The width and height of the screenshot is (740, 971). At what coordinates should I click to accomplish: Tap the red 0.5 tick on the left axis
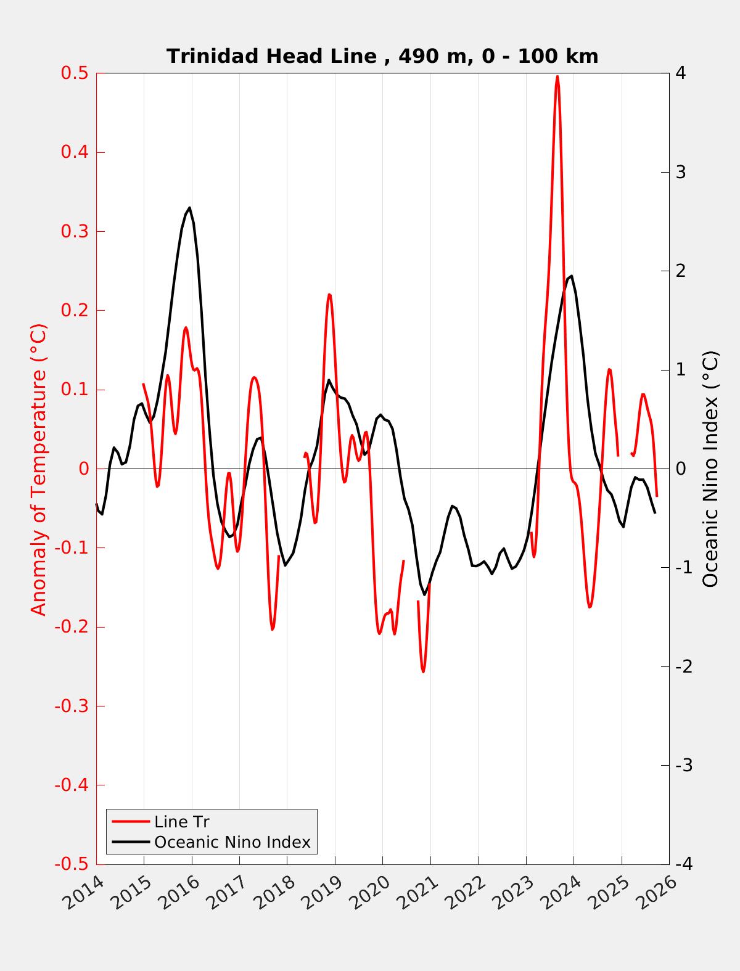point(74,73)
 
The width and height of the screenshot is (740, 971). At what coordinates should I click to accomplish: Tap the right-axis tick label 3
point(681,172)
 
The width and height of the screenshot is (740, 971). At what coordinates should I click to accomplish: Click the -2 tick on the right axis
point(683,666)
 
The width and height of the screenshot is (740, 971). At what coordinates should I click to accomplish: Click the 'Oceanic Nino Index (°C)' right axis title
point(710,469)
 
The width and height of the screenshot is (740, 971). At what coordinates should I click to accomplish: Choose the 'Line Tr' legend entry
point(182,822)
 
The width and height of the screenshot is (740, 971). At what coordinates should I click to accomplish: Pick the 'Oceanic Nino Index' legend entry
point(232,842)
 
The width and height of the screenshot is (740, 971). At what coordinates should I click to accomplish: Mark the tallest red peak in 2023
point(557,76)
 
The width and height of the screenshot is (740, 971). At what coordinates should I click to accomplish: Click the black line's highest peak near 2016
point(189,208)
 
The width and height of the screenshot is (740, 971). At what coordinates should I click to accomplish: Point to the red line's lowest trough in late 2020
point(423,671)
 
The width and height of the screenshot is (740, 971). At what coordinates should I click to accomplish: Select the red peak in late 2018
point(329,295)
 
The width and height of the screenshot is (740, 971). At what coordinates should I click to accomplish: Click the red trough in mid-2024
point(590,607)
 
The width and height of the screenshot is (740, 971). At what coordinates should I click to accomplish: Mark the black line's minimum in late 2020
point(424,594)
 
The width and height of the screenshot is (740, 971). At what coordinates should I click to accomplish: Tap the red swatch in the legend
point(131,822)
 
